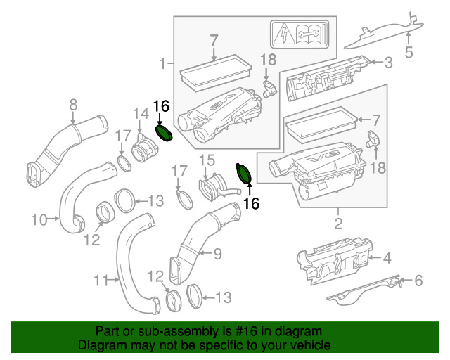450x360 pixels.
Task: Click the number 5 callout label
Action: tap(409, 52)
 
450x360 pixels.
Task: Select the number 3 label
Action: tap(388, 63)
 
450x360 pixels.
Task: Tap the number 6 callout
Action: tap(419, 280)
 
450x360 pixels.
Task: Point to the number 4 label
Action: tap(387, 258)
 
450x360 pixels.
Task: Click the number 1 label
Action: tap(162, 63)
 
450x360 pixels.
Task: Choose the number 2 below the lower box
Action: tap(338, 224)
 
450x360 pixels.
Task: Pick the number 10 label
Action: tap(39, 220)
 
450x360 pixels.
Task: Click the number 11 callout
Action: tap(101, 280)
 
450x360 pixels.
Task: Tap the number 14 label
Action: tap(141, 113)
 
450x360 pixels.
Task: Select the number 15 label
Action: tap(207, 160)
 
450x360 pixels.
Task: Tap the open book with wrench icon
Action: tap(307, 34)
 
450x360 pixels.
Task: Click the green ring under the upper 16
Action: tap(164, 134)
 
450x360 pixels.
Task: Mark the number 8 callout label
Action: tap(73, 105)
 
